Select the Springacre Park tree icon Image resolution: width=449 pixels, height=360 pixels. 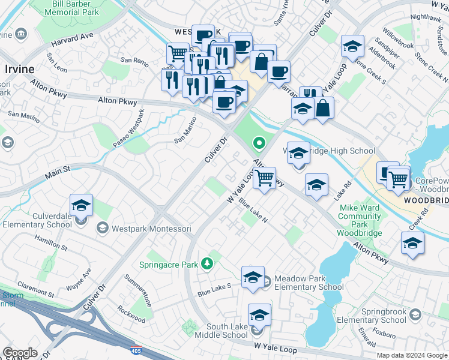(207, 263)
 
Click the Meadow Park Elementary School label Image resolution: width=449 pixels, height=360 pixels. (309, 283)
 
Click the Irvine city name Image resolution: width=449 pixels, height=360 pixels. (19, 69)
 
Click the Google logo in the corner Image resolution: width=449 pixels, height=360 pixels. (20, 353)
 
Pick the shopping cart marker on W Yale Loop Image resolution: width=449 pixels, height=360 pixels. (264, 178)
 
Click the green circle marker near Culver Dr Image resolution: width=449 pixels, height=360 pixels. (259, 143)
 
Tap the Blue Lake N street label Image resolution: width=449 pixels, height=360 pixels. (253, 211)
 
